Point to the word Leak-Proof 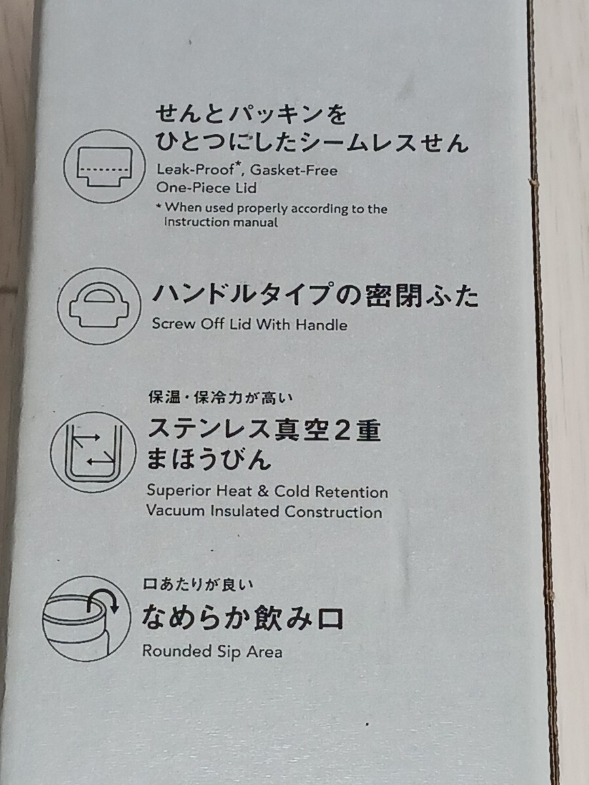(195, 169)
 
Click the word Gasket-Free (294, 170)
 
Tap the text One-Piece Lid (206, 188)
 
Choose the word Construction (333, 512)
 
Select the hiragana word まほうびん (209, 460)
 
